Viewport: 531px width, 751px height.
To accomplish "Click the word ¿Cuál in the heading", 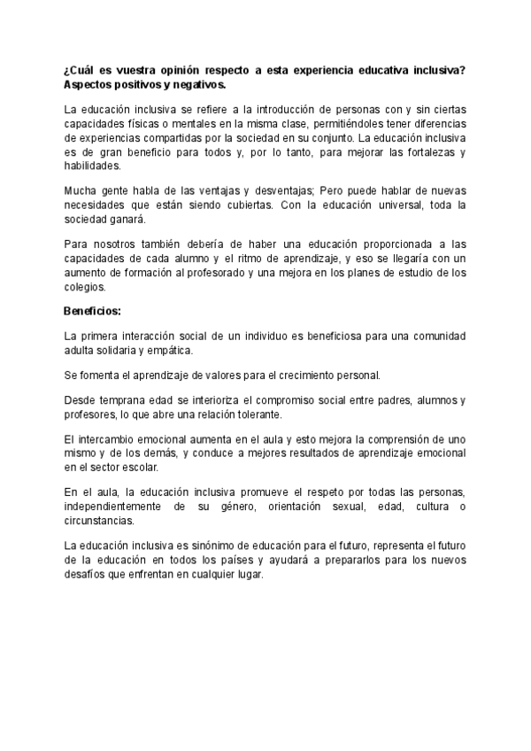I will click(81, 69).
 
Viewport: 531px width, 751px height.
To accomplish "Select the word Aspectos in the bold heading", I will click(89, 84).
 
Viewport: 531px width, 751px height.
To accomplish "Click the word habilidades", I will click(91, 166).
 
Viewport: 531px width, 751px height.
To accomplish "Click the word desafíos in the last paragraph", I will click(87, 574).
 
